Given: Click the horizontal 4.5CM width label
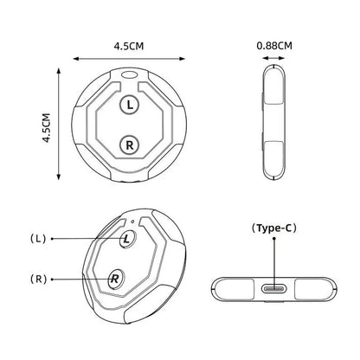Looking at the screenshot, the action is click(x=129, y=46).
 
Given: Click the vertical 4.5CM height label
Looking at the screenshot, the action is click(x=46, y=128).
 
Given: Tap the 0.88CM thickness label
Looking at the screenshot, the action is click(x=274, y=46).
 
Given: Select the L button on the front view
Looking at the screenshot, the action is click(x=130, y=105).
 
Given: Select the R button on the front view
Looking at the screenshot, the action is click(x=130, y=145).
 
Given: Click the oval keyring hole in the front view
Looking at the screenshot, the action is click(x=129, y=74).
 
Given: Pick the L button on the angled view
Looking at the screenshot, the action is click(x=127, y=239).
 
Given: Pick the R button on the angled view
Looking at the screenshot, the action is click(x=115, y=279).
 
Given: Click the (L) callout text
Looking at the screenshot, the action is click(x=38, y=239).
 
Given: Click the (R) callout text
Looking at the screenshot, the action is click(x=38, y=279).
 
